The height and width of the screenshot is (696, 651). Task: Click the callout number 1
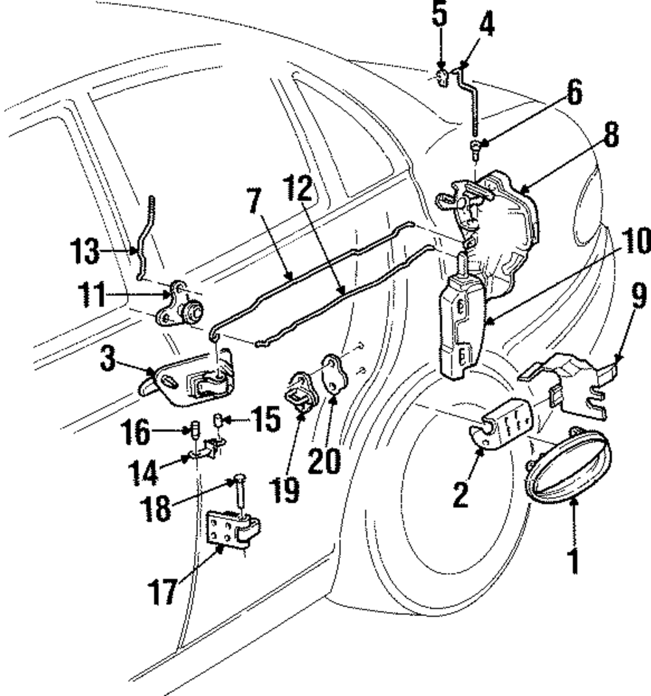coord(574,561)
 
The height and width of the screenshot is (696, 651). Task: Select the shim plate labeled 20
coord(333,372)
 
